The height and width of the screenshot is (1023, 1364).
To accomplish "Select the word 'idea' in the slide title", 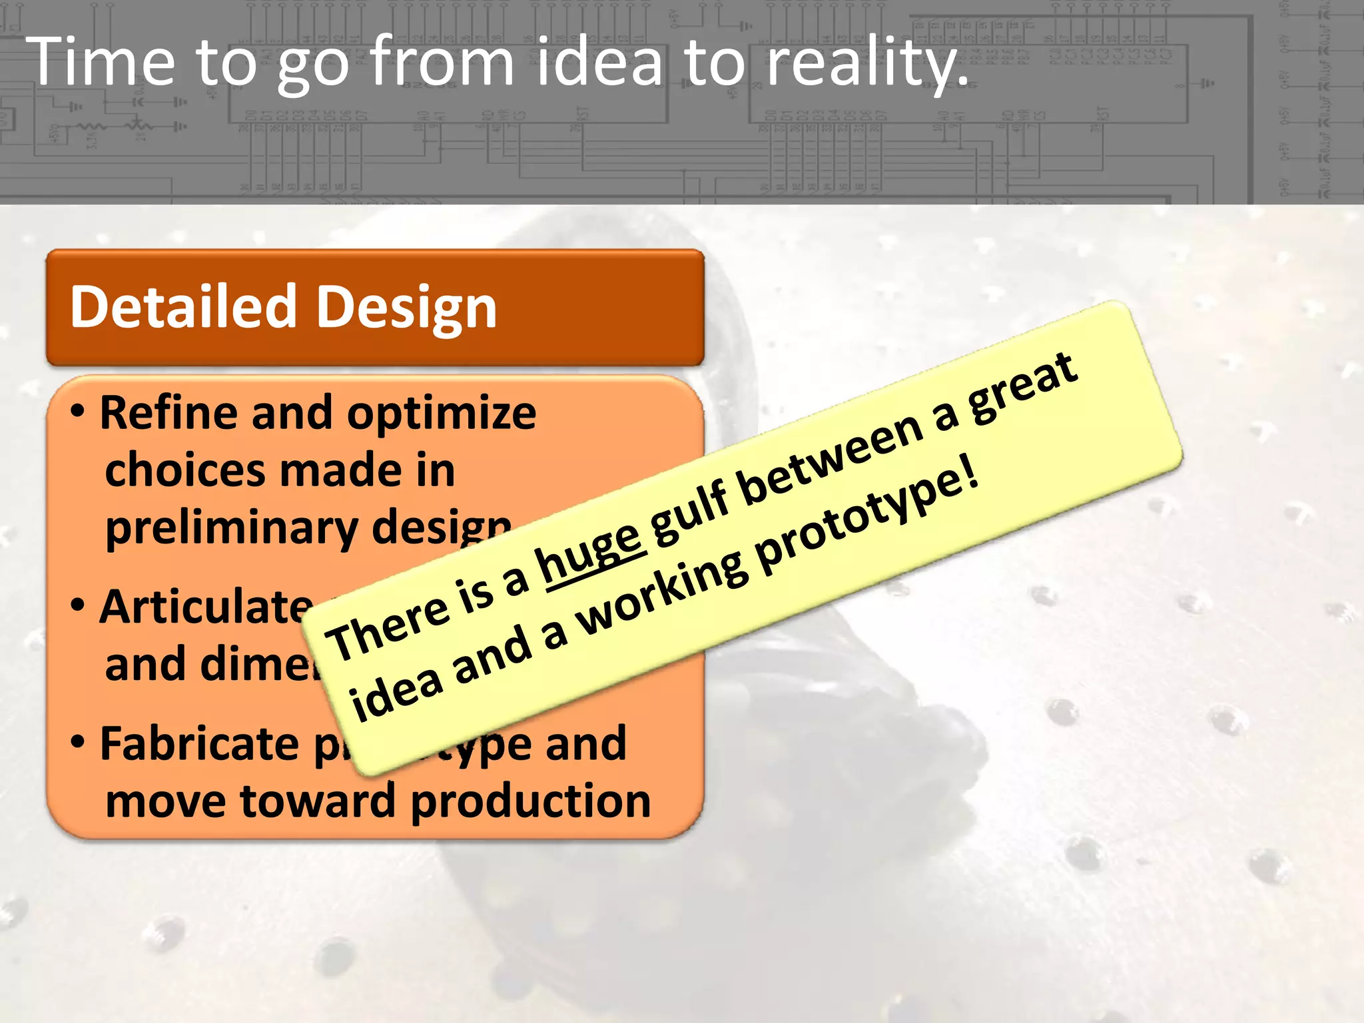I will click(x=599, y=61).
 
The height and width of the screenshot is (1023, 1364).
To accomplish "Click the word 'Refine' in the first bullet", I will click(x=169, y=412).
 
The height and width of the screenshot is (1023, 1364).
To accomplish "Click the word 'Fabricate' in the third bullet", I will click(x=199, y=743).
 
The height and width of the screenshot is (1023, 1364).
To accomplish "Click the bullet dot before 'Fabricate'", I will click(x=78, y=741).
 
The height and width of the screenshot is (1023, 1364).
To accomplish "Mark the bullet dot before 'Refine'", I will click(x=78, y=411).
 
